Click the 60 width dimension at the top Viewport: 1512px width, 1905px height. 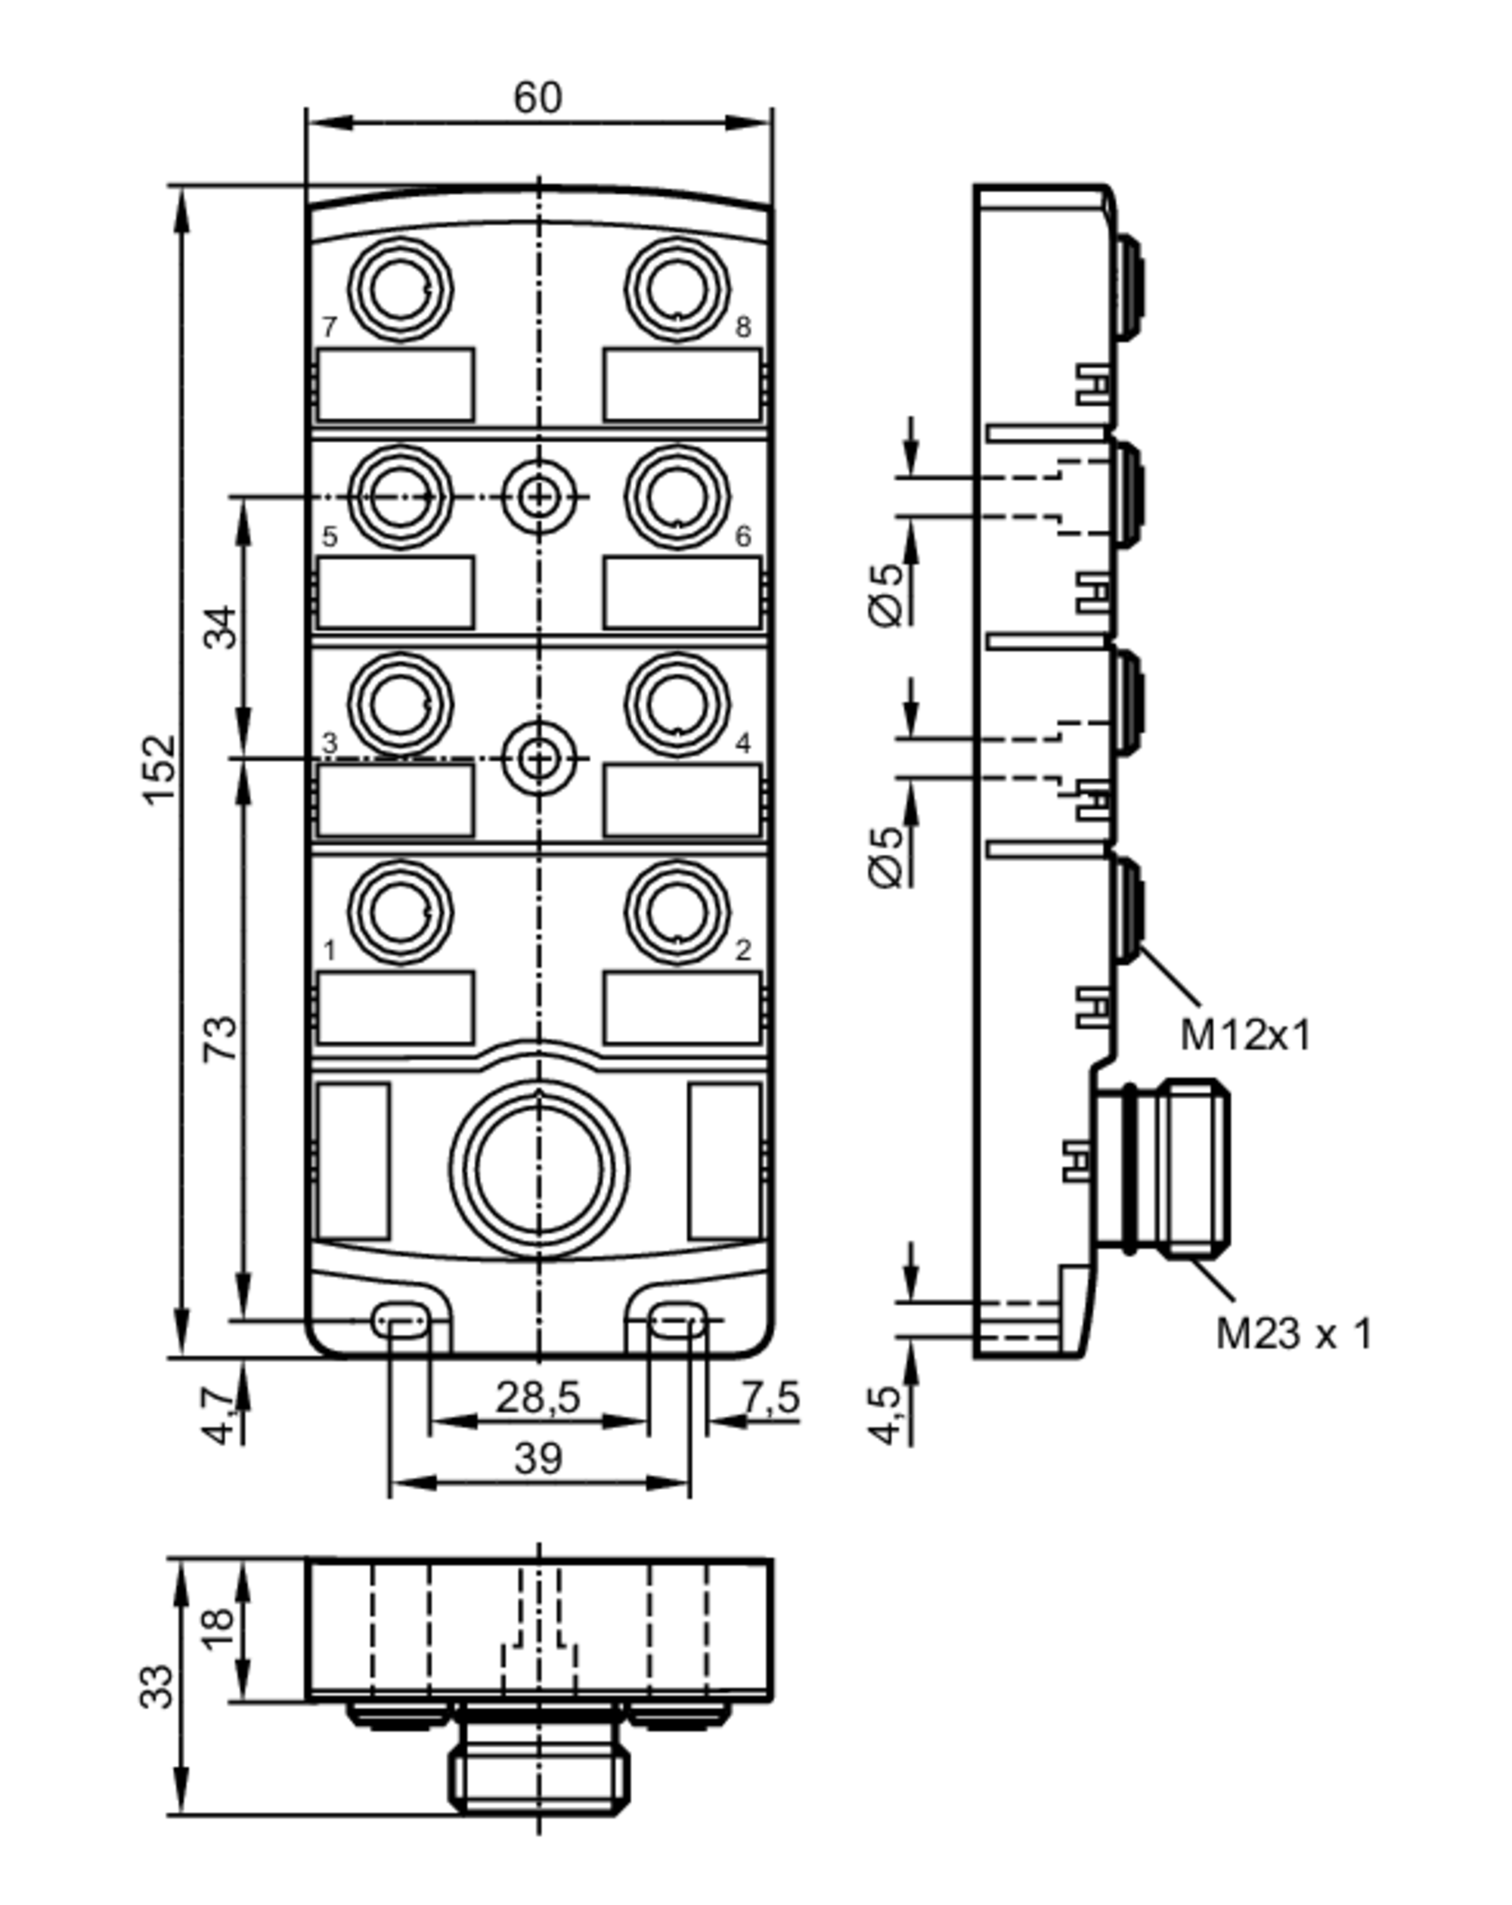(x=537, y=98)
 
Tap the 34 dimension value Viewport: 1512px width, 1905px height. (x=221, y=627)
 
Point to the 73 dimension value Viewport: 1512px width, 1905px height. (x=221, y=1038)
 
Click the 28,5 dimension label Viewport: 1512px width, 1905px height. (x=538, y=1398)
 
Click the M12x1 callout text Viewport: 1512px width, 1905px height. (x=1245, y=1035)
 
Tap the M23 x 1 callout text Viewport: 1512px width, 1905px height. (x=1294, y=1333)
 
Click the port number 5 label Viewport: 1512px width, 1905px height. (x=330, y=536)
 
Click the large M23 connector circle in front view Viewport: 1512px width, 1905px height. (x=539, y=1169)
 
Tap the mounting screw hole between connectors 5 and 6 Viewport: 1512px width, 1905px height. (x=538, y=497)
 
